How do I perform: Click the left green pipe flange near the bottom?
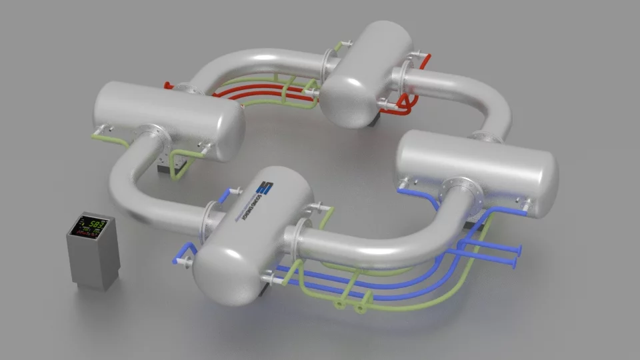tap(339, 305)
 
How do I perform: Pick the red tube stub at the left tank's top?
tap(171, 85)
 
